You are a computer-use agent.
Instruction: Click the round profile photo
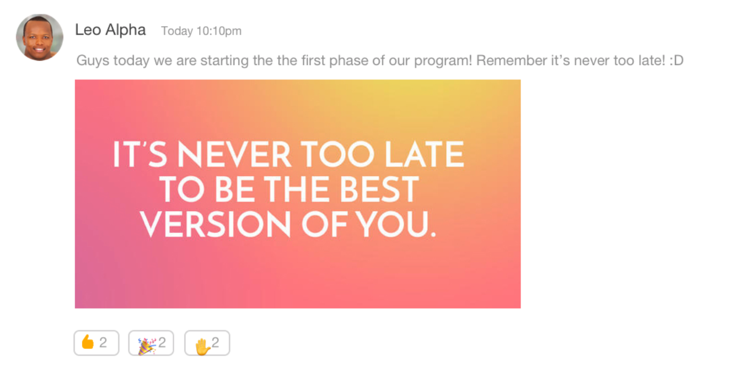pos(39,37)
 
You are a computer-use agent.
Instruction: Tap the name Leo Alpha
pos(110,30)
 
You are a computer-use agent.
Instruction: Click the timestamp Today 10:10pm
pos(201,31)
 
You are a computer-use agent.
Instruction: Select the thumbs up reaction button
pos(96,343)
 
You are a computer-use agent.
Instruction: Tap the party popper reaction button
pos(151,343)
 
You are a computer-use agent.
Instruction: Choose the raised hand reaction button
pos(207,343)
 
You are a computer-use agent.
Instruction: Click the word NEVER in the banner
pos(234,154)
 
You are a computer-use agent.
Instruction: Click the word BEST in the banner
pos(379,189)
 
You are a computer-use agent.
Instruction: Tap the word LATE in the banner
pos(425,154)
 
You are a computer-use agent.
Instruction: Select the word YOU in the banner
pos(392,224)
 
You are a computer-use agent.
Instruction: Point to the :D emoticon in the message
pos(677,61)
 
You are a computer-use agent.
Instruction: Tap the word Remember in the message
pos(511,61)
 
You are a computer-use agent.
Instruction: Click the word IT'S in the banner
pos(140,154)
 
